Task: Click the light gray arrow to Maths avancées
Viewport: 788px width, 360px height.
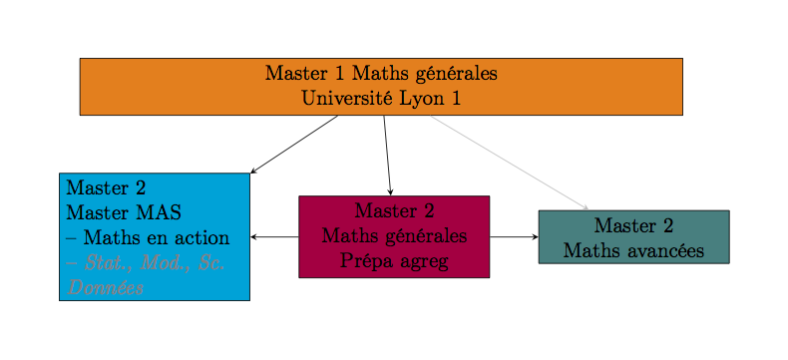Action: [509, 163]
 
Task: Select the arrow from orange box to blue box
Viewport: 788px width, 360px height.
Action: [294, 145]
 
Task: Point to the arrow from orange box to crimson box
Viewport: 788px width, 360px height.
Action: [387, 155]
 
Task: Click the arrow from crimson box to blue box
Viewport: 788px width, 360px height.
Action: [274, 237]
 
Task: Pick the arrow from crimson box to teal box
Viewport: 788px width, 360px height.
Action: [514, 237]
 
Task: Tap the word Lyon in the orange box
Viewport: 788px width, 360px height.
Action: [413, 99]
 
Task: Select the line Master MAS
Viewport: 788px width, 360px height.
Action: [124, 212]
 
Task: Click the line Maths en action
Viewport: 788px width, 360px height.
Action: [148, 238]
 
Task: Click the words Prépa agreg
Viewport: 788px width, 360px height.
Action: [394, 261]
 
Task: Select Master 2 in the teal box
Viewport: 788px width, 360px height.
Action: [633, 226]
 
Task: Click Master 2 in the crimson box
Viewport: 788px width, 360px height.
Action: [394, 211]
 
